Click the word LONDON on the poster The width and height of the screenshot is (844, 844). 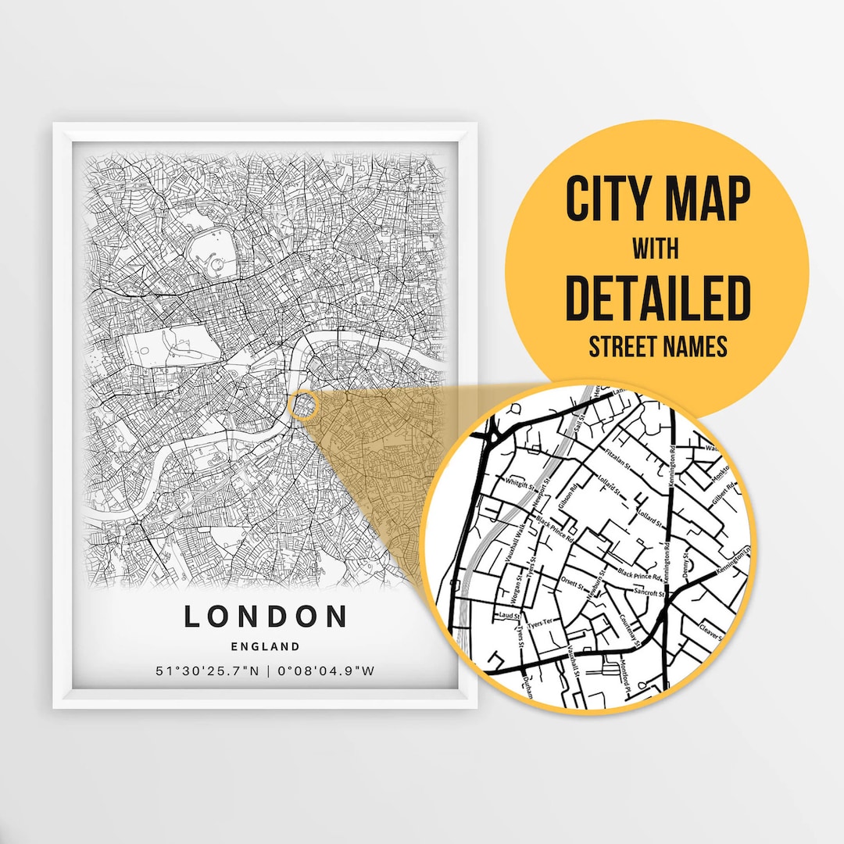tap(266, 616)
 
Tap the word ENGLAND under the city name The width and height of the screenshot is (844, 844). tap(266, 646)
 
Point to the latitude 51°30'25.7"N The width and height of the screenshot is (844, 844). tap(206, 671)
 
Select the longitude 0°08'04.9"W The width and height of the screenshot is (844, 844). tap(325, 671)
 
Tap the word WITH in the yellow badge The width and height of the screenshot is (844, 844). tap(656, 250)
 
